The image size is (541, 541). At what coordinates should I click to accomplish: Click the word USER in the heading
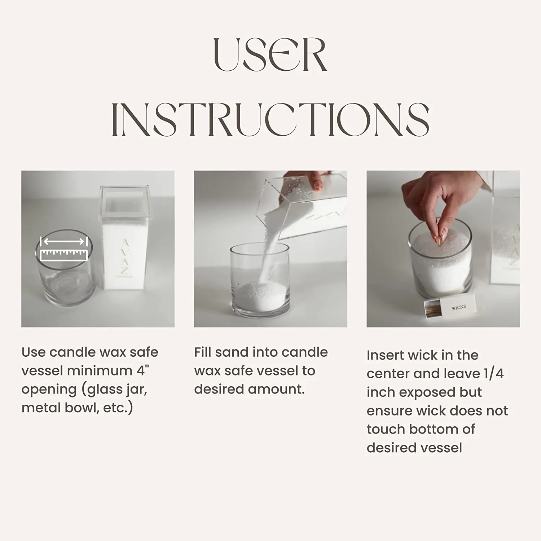coord(270,55)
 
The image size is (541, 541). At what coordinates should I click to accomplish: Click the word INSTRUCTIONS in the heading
coord(270,119)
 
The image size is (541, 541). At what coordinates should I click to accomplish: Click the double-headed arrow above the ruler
coord(64,241)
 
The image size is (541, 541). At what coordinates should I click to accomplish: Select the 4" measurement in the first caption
coord(142,370)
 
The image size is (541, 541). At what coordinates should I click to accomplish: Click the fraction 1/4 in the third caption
coord(494,373)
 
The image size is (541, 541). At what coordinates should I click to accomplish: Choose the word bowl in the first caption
coord(82,408)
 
